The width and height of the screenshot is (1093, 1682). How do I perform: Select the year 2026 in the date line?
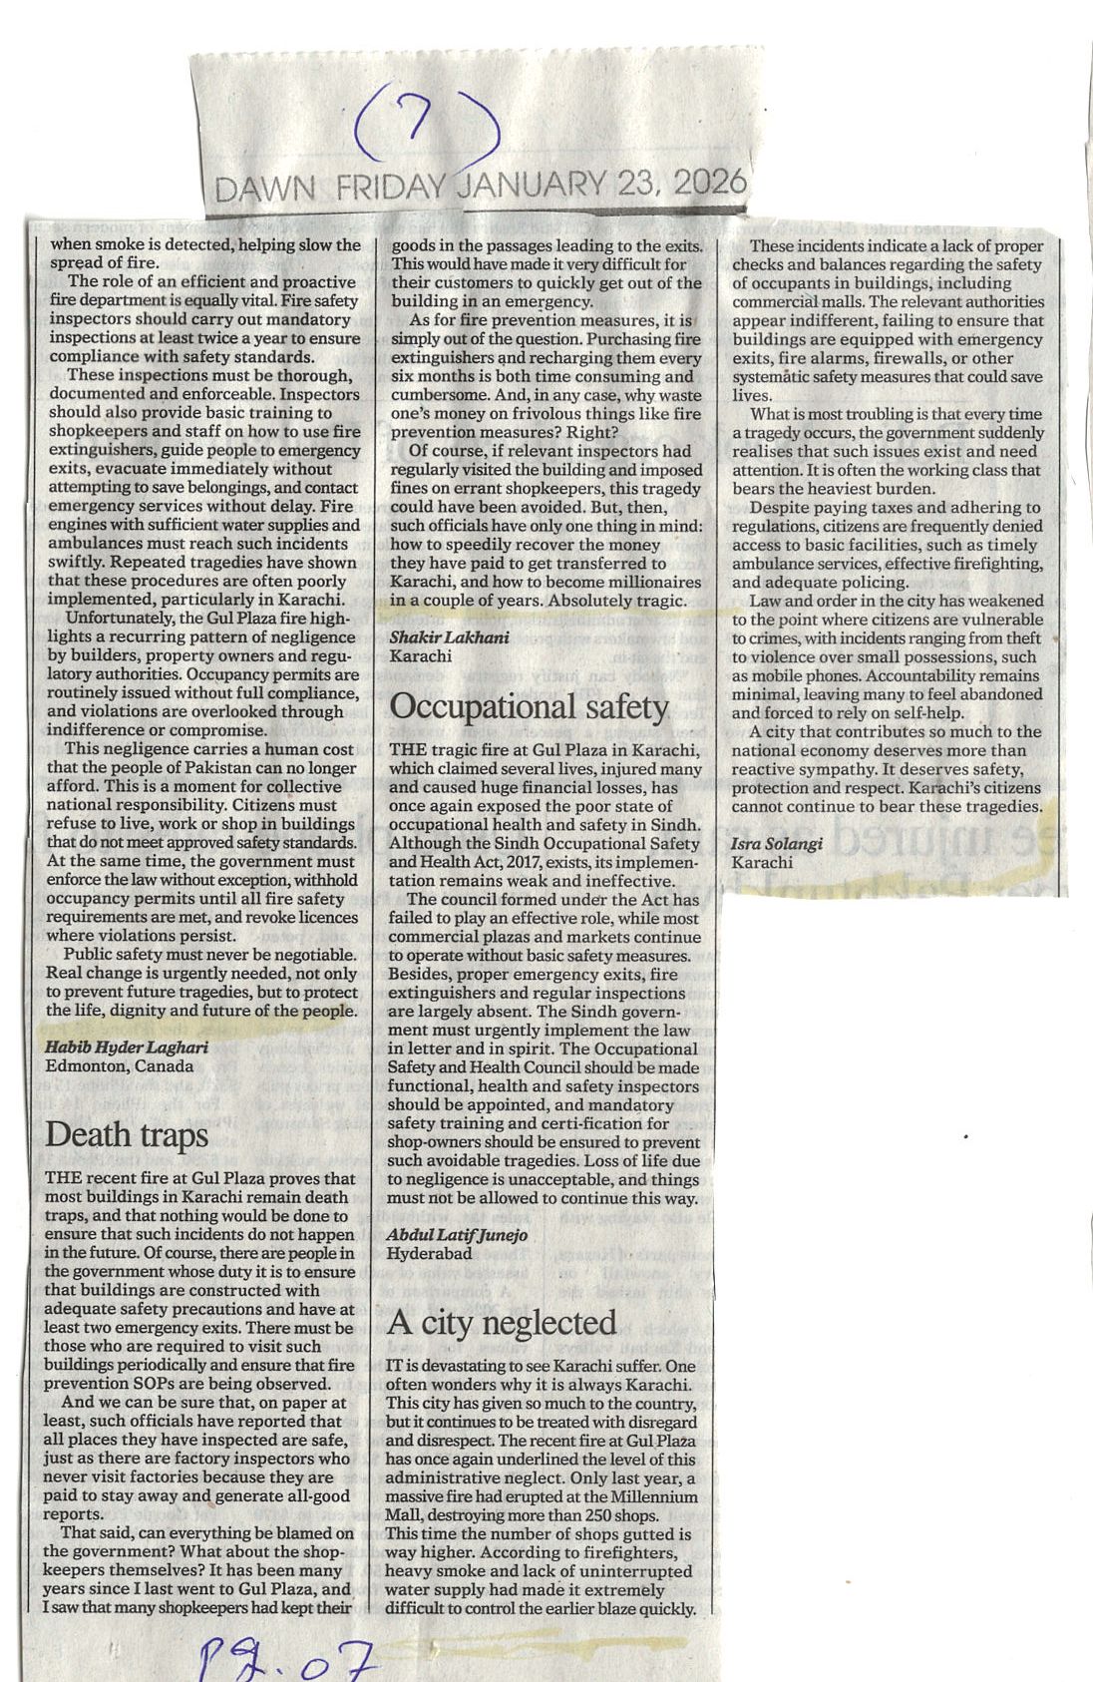[x=709, y=183]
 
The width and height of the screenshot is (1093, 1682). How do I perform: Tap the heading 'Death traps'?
[x=127, y=1134]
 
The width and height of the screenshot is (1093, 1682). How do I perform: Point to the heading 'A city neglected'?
[x=502, y=1323]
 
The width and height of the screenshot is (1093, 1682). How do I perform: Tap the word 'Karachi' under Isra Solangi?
[x=762, y=861]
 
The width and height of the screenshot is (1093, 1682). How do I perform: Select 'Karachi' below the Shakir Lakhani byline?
[x=420, y=655]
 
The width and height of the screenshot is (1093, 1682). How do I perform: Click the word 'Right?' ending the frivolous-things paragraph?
[x=595, y=432]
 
